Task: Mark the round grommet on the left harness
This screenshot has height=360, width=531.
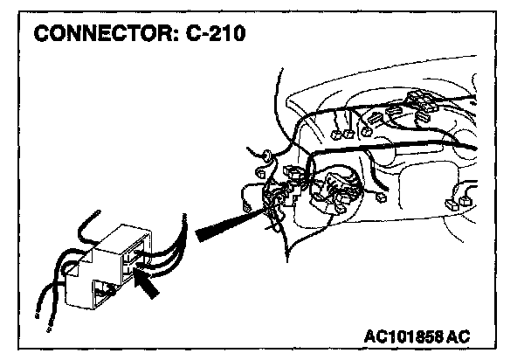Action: [x=261, y=157]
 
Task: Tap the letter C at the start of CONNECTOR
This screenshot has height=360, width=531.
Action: [x=42, y=36]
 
